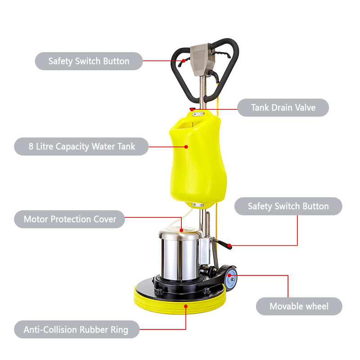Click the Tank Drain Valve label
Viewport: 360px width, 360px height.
pyautogui.click(x=283, y=108)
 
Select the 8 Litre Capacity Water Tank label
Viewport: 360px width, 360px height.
pyautogui.click(x=81, y=147)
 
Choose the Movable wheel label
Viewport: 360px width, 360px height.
pyautogui.click(x=299, y=306)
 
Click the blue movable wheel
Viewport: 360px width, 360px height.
pyautogui.click(x=231, y=279)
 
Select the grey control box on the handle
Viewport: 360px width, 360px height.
pyautogui.click(x=202, y=59)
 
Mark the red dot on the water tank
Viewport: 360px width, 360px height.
pyautogui.click(x=186, y=147)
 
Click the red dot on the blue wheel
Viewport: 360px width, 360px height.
pyautogui.click(x=229, y=275)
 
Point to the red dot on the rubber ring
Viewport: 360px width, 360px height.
pyautogui.click(x=186, y=306)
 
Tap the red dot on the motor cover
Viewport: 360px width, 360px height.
pyautogui.click(x=181, y=230)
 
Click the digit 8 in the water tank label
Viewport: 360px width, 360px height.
pyautogui.click(x=31, y=146)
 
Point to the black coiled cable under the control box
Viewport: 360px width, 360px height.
pyautogui.click(x=214, y=76)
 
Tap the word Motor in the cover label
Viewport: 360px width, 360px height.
pyautogui.click(x=36, y=219)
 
